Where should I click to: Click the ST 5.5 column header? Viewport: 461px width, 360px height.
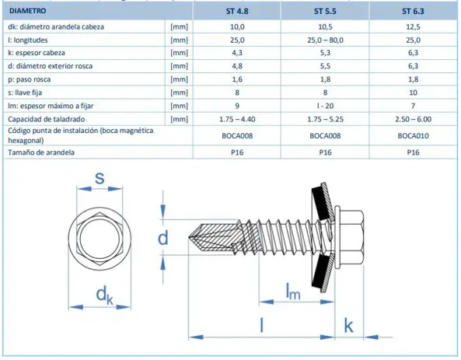[x=325, y=11]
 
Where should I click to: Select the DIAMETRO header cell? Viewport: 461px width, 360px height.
[x=28, y=11]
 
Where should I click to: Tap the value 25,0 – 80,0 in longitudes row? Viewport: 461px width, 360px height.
[x=325, y=40]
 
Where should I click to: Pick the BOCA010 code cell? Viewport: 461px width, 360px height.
[x=413, y=135]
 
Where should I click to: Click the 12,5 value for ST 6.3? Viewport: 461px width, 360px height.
[x=413, y=26]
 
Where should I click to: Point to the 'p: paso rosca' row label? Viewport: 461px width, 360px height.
[x=29, y=79]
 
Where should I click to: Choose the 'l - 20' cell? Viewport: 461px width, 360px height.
[x=325, y=106]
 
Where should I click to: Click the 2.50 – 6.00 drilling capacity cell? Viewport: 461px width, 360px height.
[x=413, y=119]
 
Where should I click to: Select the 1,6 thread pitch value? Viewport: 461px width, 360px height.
[x=237, y=79]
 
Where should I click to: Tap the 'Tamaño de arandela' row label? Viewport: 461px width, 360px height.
[x=41, y=152]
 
